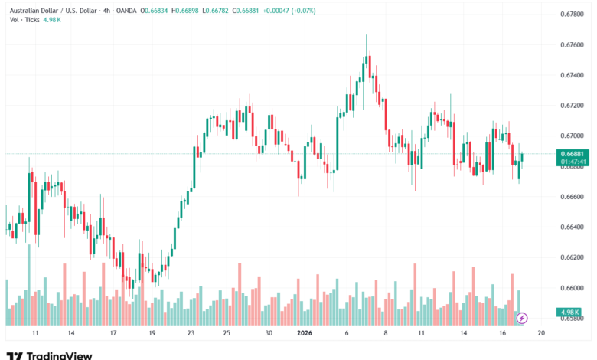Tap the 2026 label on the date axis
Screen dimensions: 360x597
click(x=305, y=334)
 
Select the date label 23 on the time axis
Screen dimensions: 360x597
click(x=191, y=334)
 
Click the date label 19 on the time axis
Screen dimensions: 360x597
click(x=152, y=334)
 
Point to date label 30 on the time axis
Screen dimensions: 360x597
click(x=269, y=334)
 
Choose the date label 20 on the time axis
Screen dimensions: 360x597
click(x=540, y=334)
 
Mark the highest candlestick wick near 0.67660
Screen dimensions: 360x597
click(x=367, y=36)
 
